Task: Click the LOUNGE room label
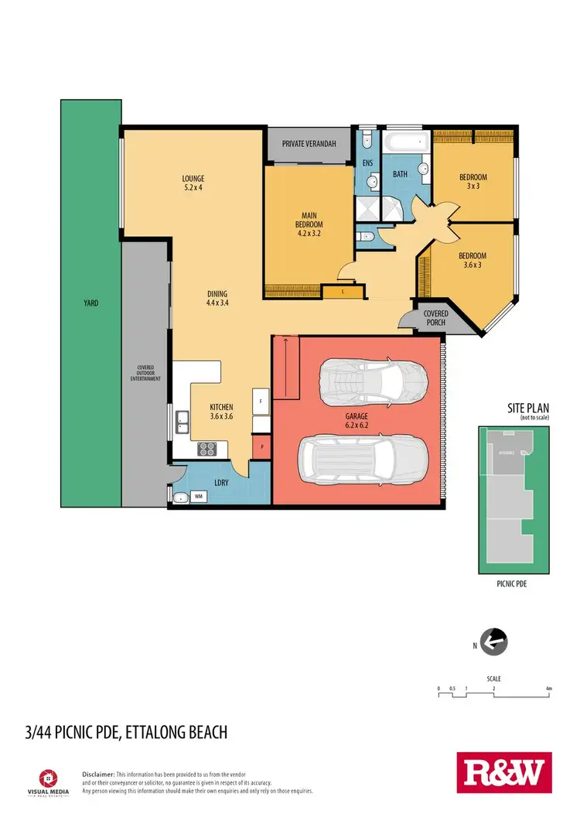tap(193, 183)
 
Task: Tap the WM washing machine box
tap(198, 497)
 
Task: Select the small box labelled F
tap(261, 402)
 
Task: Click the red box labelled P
tap(261, 447)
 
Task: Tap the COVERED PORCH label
tap(435, 318)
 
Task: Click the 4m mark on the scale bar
tap(548, 687)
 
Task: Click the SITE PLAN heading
tap(506, 408)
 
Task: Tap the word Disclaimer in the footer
tap(98, 774)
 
